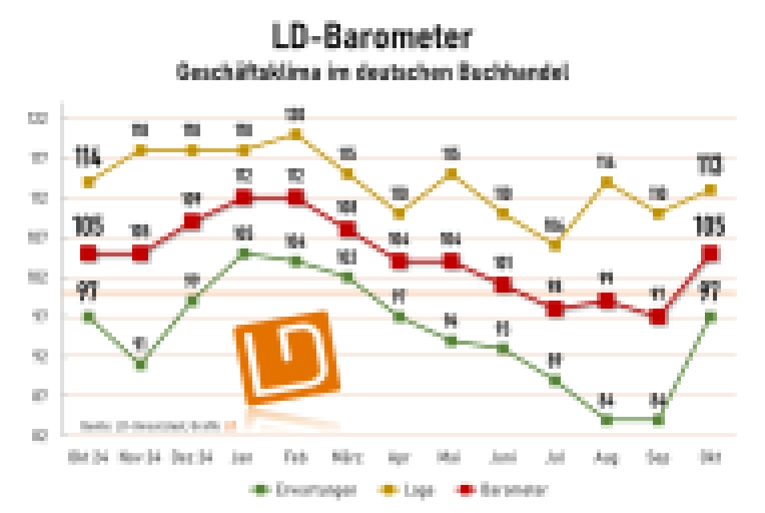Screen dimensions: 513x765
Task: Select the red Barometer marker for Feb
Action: pyautogui.click(x=296, y=198)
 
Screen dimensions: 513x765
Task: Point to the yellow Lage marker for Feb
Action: pyautogui.click(x=296, y=135)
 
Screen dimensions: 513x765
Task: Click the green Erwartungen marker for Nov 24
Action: pyautogui.click(x=141, y=365)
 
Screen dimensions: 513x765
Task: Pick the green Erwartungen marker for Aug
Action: pyautogui.click(x=606, y=419)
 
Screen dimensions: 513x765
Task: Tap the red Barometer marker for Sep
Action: pyautogui.click(x=658, y=317)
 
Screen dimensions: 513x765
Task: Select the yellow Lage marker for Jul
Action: pyautogui.click(x=554, y=245)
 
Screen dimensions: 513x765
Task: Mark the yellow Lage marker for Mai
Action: pyautogui.click(x=451, y=174)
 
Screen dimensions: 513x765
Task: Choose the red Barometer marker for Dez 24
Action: pyautogui.click(x=192, y=222)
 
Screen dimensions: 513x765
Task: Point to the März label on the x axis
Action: pyautogui.click(x=348, y=458)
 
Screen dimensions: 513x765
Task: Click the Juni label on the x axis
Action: pyautogui.click(x=503, y=458)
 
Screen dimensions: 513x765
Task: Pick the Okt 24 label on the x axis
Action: pyautogui.click(x=88, y=458)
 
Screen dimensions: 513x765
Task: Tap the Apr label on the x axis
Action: pyautogui.click(x=399, y=458)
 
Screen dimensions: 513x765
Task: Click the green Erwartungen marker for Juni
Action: pyautogui.click(x=503, y=348)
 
